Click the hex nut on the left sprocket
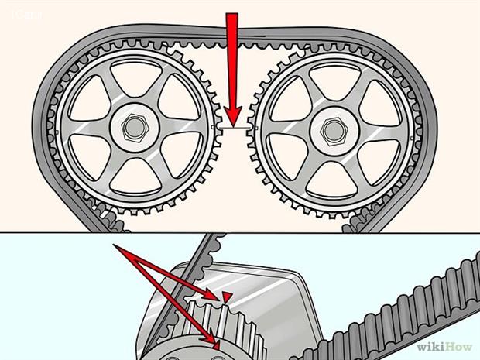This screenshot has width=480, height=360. point(133,126)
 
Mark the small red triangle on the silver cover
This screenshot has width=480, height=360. point(227,297)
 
